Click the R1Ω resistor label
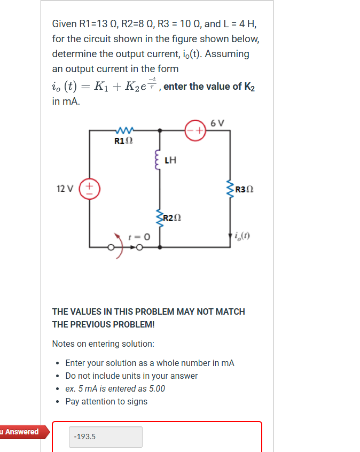[x=124, y=142]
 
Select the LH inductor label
[x=171, y=159]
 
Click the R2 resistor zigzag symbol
[x=159, y=217]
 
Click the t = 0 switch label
[x=138, y=236]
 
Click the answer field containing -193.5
[x=106, y=437]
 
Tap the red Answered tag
[x=21, y=432]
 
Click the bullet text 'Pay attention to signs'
[x=106, y=401]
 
